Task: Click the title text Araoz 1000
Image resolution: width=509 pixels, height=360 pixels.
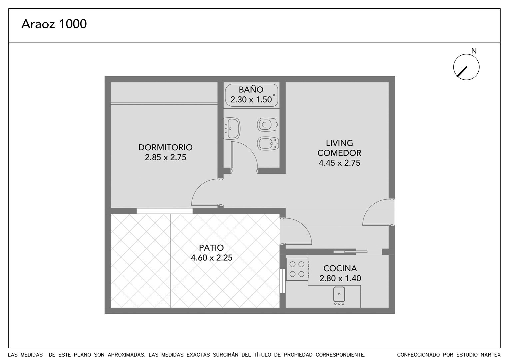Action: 54,24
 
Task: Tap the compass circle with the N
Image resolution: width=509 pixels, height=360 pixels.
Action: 466,67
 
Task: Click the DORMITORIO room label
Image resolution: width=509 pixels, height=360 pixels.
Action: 166,147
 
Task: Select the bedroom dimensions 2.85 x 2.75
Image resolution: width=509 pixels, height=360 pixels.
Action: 166,157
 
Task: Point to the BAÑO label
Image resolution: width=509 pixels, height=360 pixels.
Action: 251,89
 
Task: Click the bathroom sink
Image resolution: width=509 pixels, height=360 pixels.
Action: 232,128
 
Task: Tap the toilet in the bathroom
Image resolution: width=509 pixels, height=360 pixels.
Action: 268,125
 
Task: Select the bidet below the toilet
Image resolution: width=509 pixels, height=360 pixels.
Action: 268,143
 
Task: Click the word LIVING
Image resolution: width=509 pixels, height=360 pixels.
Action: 339,143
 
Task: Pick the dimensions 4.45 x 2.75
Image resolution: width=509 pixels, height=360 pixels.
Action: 339,163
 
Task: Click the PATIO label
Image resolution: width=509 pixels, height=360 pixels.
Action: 211,248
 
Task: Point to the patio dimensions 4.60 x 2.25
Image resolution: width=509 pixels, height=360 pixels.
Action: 211,258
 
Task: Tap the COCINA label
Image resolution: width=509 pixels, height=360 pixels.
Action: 340,268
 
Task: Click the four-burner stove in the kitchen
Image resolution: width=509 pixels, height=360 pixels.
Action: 297,269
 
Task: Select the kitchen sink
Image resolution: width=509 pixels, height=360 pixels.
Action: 339,295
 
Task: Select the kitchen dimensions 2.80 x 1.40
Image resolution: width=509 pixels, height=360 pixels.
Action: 340,278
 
